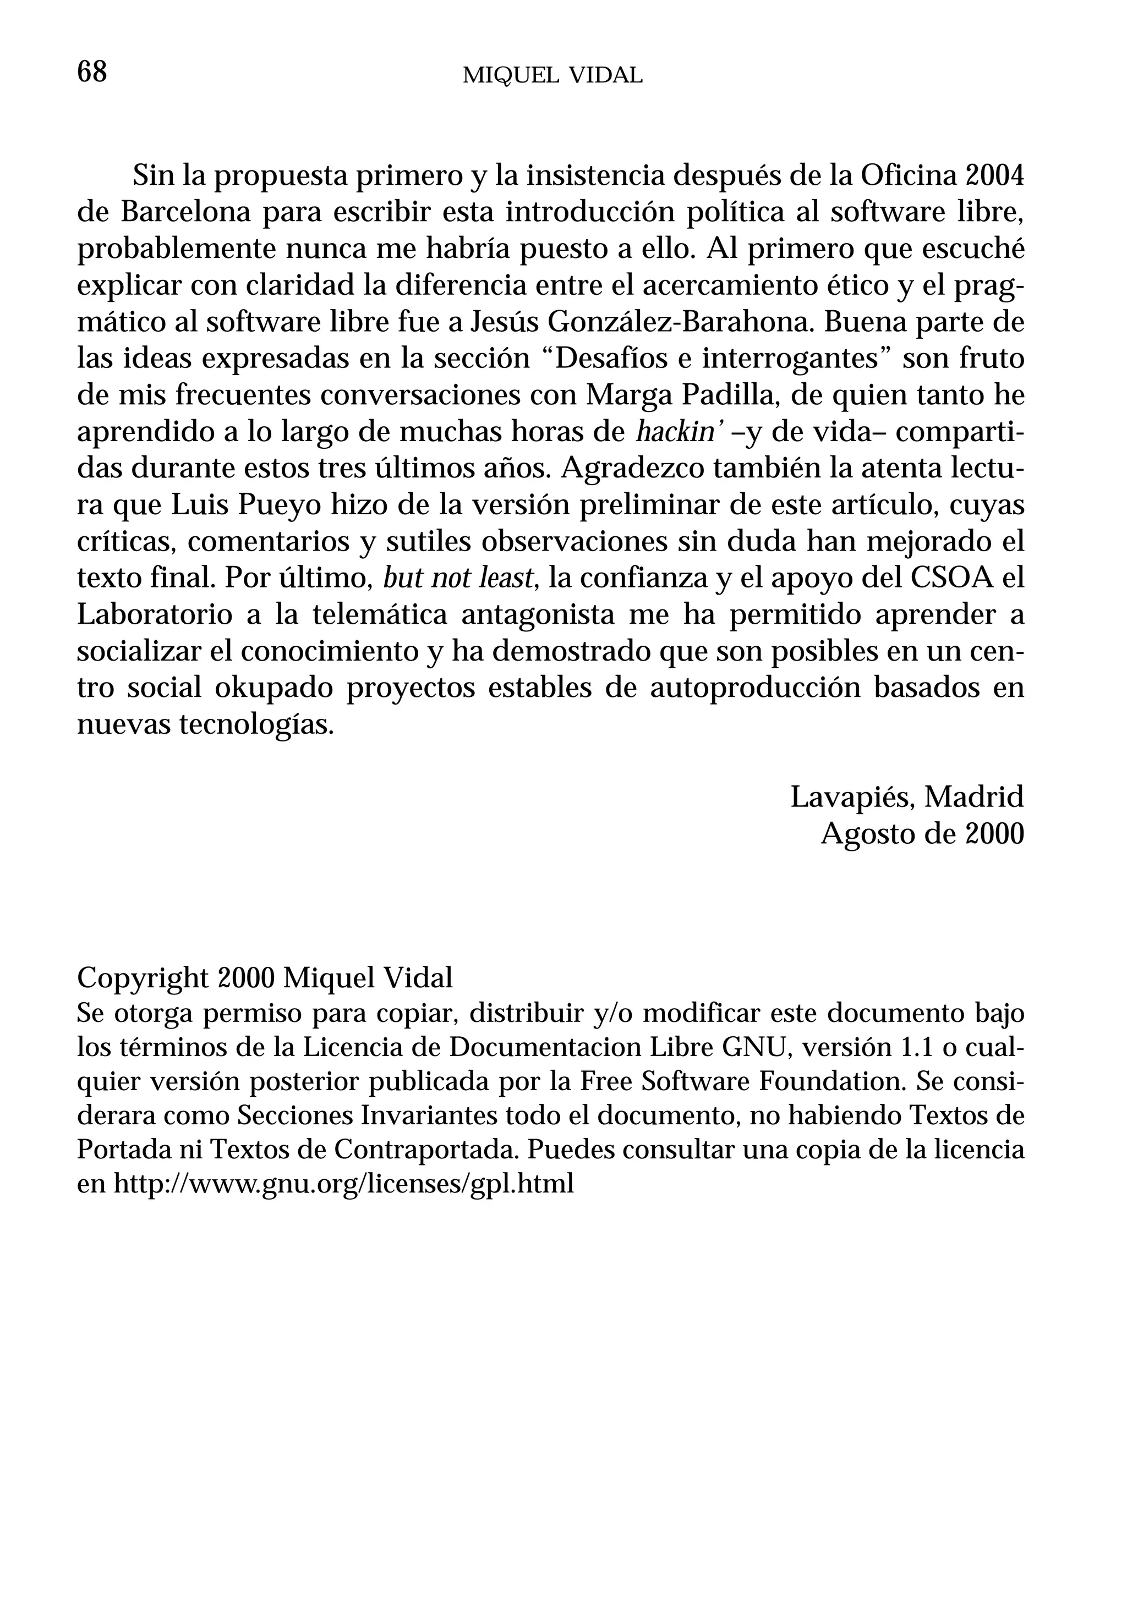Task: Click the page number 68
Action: pyautogui.click(x=92, y=72)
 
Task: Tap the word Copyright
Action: pyautogui.click(x=143, y=979)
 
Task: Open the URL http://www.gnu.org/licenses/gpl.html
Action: pyautogui.click(x=344, y=1184)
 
